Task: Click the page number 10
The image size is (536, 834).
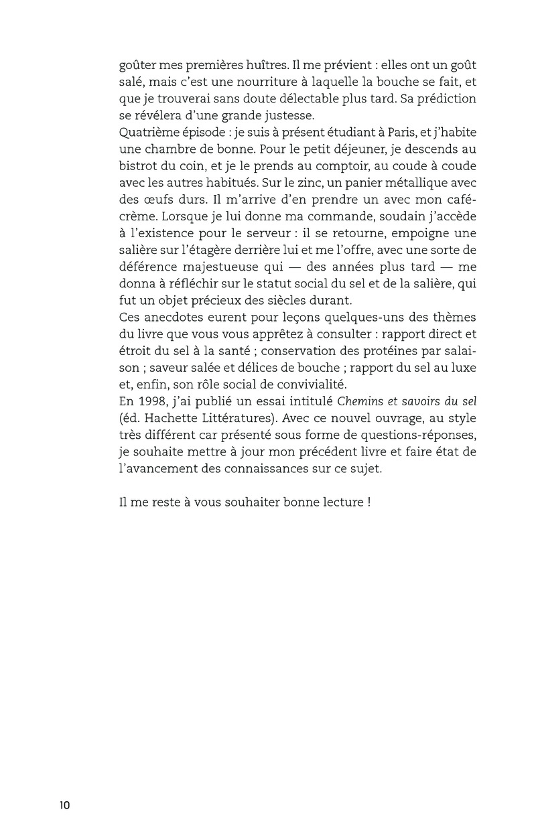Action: [64, 805]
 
